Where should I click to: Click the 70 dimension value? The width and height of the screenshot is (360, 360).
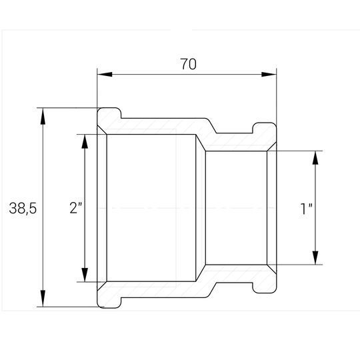point(188,64)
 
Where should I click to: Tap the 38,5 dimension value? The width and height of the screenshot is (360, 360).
point(23,208)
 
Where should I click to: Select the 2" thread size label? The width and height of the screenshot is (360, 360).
point(76,208)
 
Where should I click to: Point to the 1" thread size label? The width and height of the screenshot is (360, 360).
point(307,209)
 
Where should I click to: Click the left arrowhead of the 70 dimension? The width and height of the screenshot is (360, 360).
point(105,75)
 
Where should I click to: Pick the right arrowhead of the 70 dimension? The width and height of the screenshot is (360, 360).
point(269,75)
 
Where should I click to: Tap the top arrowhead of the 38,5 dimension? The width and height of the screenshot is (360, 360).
point(43,116)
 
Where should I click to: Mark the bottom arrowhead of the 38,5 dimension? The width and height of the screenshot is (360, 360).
point(43,298)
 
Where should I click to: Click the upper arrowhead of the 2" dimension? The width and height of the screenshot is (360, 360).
point(85,143)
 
